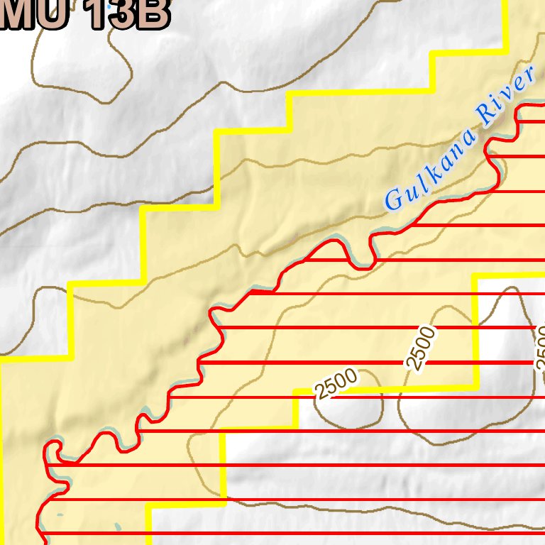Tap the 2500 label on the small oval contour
click(336, 384)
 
